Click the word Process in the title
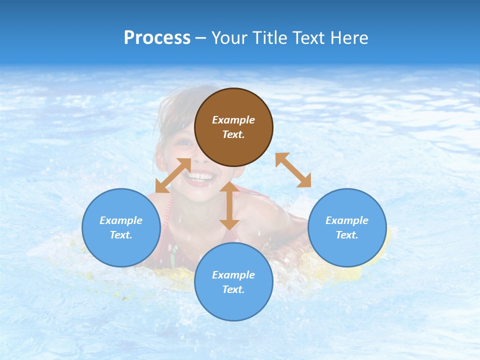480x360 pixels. pyautogui.click(x=157, y=38)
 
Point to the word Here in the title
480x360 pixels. pyautogui.click(x=350, y=38)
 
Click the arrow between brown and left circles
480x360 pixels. pyautogui.click(x=173, y=175)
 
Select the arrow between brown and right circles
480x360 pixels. pyautogui.click(x=293, y=170)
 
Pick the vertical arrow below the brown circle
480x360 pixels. pyautogui.click(x=229, y=205)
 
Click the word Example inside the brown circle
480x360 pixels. pyautogui.click(x=233, y=120)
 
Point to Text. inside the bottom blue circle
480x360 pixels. pyautogui.click(x=233, y=289)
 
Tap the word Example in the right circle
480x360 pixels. pyautogui.click(x=347, y=220)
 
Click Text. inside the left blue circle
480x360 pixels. pyautogui.click(x=121, y=235)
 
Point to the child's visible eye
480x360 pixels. pyautogui.click(x=185, y=143)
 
